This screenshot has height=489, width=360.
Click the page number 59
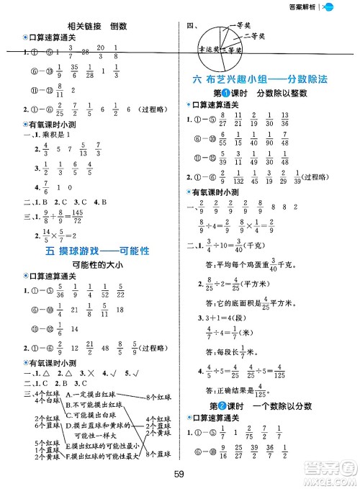coord(180,474)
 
